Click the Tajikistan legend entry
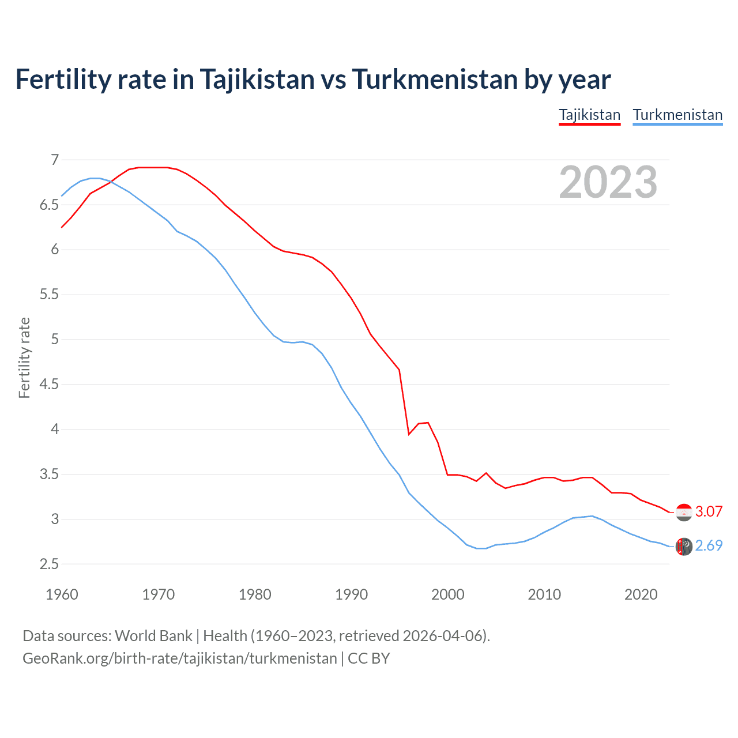589,115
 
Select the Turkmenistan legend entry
677,115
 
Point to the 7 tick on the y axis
55,160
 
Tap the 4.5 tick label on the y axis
49,384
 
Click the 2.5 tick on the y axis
49,564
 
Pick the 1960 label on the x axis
62,594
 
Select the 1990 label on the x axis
351,594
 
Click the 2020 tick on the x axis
641,594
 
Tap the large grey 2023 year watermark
608,182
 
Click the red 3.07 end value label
709,511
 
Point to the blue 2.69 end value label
709,545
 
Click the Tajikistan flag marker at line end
684,512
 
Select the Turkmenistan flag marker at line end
684,546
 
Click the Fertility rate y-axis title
24,357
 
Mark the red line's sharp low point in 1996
409,434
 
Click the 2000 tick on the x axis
447,594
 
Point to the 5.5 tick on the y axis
49,295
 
